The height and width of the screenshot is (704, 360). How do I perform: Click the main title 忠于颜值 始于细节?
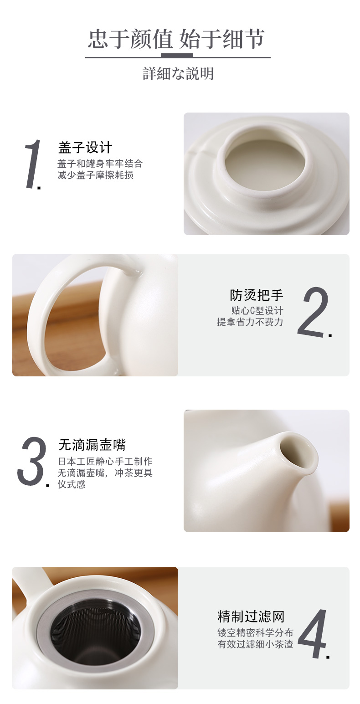pyautogui.click(x=176, y=39)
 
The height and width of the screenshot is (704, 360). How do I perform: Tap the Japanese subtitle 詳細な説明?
pyautogui.click(x=178, y=74)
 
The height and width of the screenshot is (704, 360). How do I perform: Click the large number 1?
pyautogui.click(x=33, y=164)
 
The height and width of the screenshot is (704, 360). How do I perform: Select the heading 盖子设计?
pyautogui.click(x=85, y=147)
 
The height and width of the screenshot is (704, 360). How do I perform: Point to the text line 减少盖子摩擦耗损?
pyautogui.click(x=96, y=175)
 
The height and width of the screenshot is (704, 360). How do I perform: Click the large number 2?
pyautogui.click(x=313, y=312)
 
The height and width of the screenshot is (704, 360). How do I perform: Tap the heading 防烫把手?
pyautogui.click(x=256, y=295)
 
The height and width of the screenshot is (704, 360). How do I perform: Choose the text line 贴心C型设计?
pyautogui.click(x=257, y=311)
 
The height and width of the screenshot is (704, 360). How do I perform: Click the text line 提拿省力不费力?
pyautogui.click(x=250, y=322)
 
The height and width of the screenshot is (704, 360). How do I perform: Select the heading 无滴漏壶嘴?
pyautogui.click(x=92, y=445)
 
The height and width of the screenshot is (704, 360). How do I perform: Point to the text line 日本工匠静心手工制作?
pyautogui.click(x=105, y=462)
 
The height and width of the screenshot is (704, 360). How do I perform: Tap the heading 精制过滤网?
pyautogui.click(x=251, y=617)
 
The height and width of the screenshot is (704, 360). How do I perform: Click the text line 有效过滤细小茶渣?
pyautogui.click(x=255, y=644)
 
